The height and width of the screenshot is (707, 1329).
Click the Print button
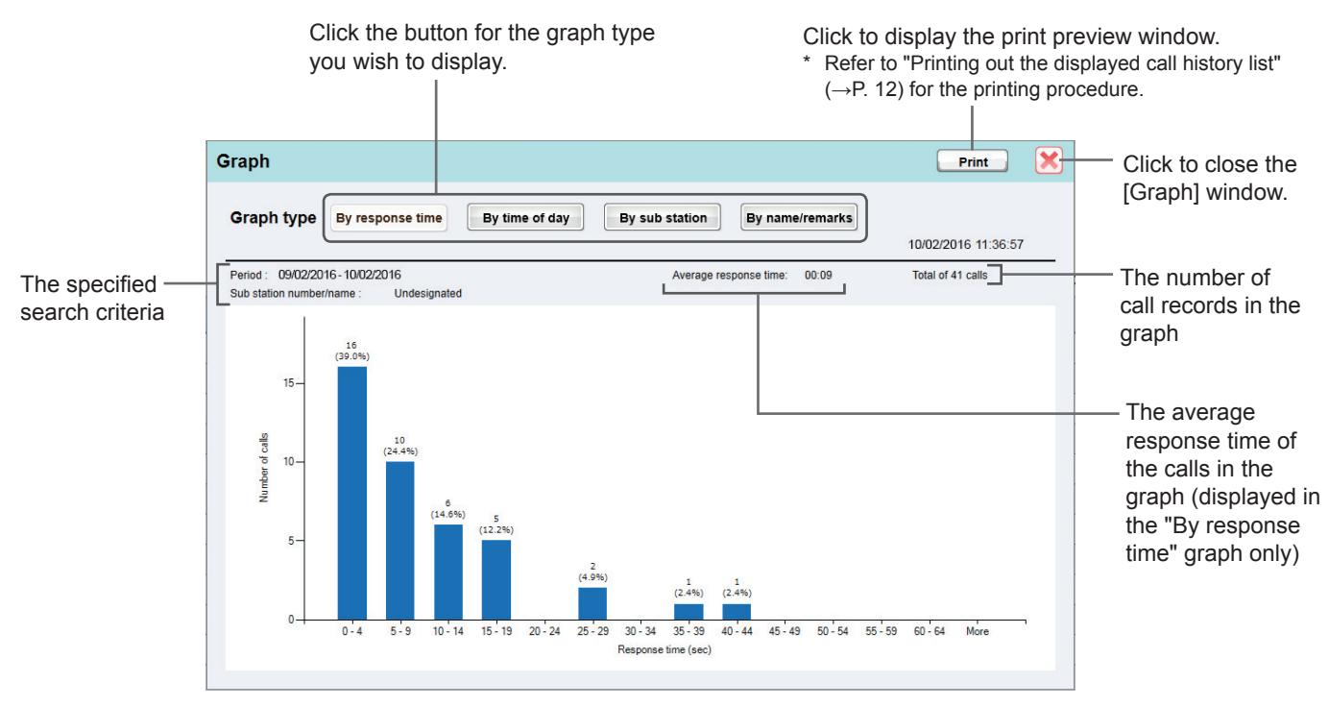click(x=972, y=161)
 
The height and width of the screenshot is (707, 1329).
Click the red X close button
click(x=1049, y=160)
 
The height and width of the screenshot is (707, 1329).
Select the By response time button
click(x=389, y=218)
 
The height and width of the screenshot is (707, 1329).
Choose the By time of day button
click(x=525, y=218)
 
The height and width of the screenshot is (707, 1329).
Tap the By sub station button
click(x=663, y=218)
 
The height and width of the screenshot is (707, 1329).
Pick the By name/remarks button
click(x=799, y=218)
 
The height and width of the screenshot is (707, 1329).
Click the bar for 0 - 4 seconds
click(x=352, y=494)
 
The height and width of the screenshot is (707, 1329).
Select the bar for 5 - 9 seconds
click(x=400, y=541)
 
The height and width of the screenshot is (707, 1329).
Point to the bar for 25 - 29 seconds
click(x=592, y=603)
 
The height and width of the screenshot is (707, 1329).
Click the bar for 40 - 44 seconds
click(x=737, y=612)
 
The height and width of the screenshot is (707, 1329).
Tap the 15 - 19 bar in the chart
click(x=496, y=580)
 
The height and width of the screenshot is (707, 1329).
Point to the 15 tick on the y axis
click(x=289, y=383)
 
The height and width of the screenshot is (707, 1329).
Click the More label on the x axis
click(x=978, y=632)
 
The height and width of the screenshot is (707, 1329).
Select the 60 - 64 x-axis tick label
click(x=930, y=632)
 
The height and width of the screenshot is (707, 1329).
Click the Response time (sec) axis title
click(x=664, y=649)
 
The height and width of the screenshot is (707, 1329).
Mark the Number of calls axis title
click(x=264, y=468)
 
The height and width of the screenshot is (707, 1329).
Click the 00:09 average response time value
click(x=818, y=276)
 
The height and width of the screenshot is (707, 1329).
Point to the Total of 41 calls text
click(x=950, y=276)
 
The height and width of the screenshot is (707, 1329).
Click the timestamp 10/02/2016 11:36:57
click(x=965, y=245)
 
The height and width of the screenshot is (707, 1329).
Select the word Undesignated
click(x=427, y=293)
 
